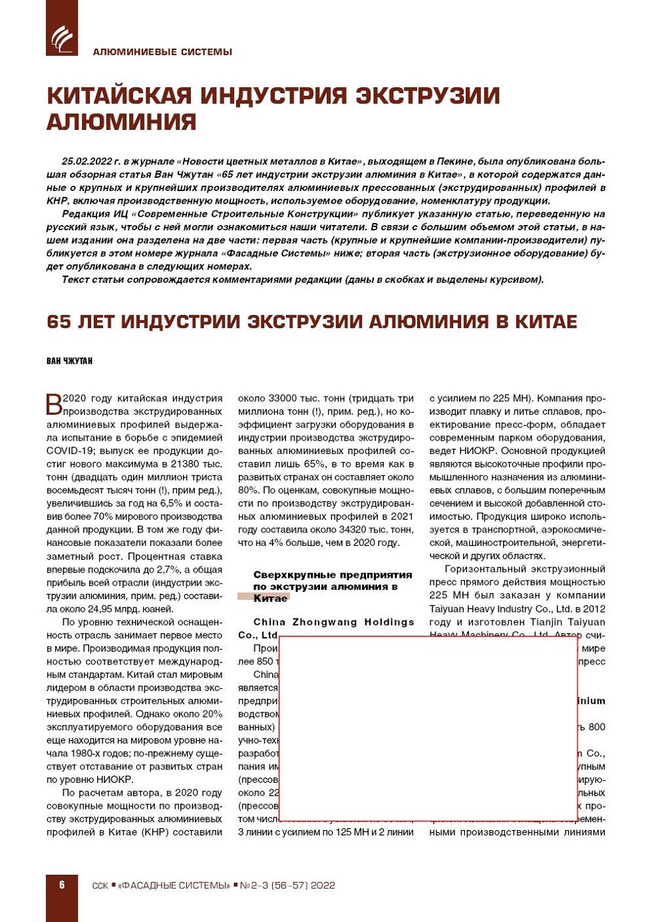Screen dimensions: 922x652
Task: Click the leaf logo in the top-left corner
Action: click(x=61, y=38)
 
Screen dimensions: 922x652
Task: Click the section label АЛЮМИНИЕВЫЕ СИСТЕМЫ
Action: click(x=162, y=52)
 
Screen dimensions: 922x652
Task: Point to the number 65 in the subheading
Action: click(x=59, y=322)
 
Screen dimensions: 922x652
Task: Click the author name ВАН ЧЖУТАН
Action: click(x=69, y=361)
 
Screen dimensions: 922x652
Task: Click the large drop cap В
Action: click(x=54, y=404)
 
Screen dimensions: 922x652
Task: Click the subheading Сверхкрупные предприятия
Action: click(x=333, y=575)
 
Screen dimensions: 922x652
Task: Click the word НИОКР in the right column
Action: click(x=474, y=451)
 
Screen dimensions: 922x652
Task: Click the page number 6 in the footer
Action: click(x=62, y=885)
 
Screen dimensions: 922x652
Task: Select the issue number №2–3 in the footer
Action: click(x=253, y=885)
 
